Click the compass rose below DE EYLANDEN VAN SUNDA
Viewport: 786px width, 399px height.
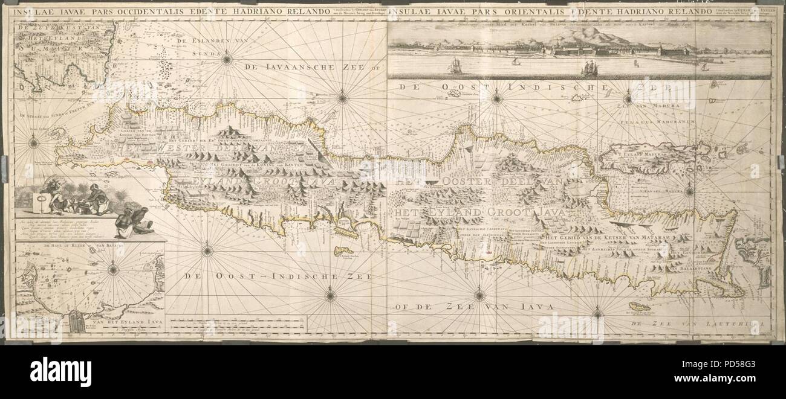pos(227,59)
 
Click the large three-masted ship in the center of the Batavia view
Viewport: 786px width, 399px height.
pos(588,68)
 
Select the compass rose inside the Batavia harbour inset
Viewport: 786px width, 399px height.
pos(113,270)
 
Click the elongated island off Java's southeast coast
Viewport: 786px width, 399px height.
pos(640,307)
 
